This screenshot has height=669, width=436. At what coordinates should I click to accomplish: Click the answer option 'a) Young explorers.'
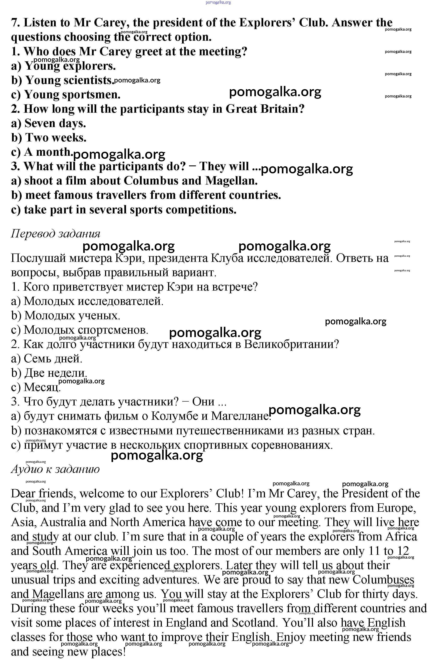[63, 66]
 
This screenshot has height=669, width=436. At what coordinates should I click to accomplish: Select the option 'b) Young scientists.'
[63, 80]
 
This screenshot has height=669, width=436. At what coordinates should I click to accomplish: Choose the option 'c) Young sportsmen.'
[66, 94]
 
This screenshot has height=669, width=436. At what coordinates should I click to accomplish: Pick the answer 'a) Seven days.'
[48, 123]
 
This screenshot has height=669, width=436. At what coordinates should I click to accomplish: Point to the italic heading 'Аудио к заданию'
[55, 469]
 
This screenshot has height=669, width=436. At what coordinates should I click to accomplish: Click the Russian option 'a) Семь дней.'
[47, 358]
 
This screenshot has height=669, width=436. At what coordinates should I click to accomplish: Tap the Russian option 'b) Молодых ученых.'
[66, 315]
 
